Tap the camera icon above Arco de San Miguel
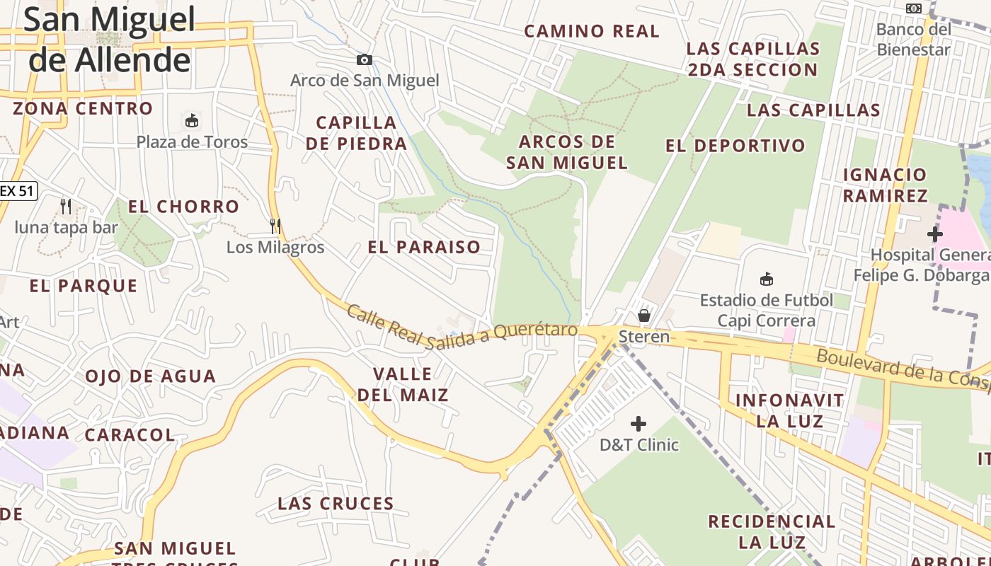(365, 60)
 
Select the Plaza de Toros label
(192, 141)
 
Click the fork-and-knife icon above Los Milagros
(275, 226)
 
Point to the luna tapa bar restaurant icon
(66, 207)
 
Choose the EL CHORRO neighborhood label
(183, 207)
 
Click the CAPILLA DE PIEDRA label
(356, 133)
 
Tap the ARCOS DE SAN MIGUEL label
(567, 152)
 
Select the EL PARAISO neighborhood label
(424, 247)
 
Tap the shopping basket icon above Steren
(644, 315)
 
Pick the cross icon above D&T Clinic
(638, 424)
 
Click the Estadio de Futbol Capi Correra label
(766, 310)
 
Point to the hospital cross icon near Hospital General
(934, 234)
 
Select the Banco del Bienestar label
(914, 40)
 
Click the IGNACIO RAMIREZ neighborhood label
(885, 185)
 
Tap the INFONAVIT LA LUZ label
(789, 411)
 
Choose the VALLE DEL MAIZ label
(403, 384)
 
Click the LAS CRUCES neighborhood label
(336, 504)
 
